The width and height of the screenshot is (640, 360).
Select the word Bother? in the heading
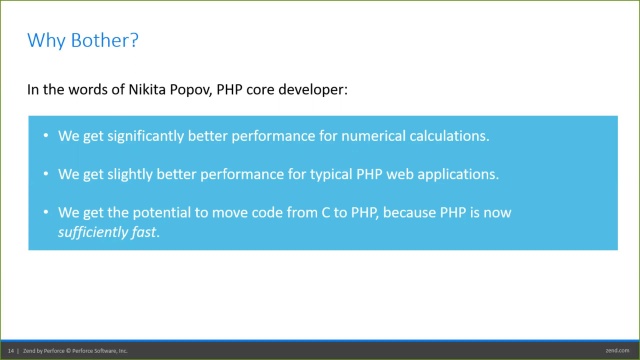click(105, 41)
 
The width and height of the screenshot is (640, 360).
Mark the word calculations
click(445, 136)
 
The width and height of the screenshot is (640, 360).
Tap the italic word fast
click(145, 232)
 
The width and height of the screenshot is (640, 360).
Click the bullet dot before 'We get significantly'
click(45, 136)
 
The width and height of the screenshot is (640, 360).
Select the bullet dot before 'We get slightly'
click(45, 174)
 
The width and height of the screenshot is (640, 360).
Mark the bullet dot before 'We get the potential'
click(45, 212)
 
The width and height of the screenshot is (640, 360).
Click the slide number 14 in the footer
click(11, 351)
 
